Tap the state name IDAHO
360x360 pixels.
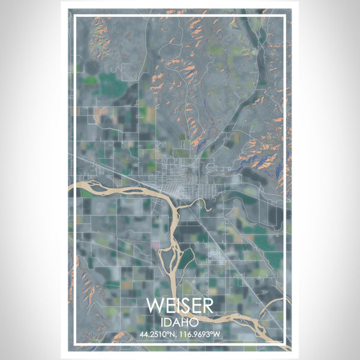[179, 323]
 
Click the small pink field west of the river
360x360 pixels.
[157, 244]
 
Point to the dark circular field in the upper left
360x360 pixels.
[93, 67]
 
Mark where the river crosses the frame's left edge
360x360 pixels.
[74, 188]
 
